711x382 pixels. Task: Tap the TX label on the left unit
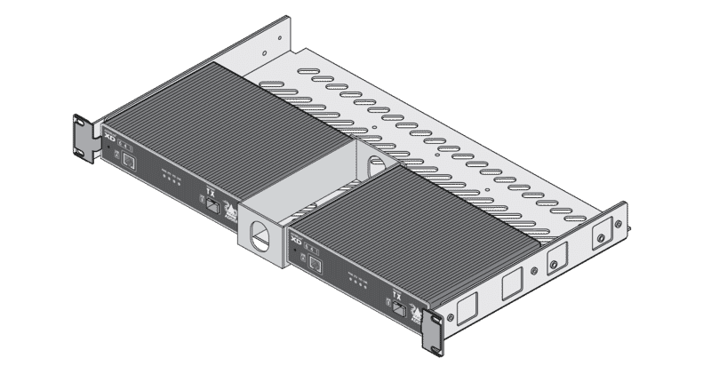click(x=210, y=191)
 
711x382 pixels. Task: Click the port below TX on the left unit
click(x=213, y=206)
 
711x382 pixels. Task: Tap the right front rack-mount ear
click(x=435, y=332)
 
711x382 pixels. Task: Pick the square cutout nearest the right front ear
click(x=467, y=306)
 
